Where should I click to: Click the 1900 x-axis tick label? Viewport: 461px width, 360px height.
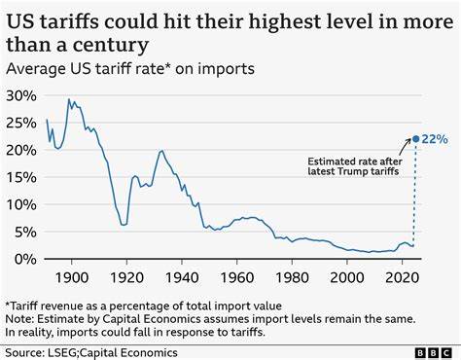(x=71, y=278)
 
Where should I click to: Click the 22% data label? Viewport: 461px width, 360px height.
(x=435, y=139)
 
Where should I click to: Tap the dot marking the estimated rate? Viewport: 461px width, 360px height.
(x=415, y=139)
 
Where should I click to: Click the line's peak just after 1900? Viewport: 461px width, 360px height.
(x=69, y=99)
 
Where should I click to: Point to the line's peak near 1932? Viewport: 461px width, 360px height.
(x=160, y=152)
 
